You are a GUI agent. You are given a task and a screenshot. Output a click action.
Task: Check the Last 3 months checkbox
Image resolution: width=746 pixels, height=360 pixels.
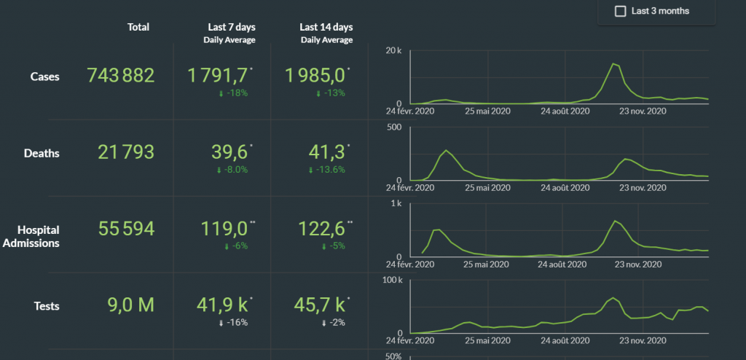[621, 11]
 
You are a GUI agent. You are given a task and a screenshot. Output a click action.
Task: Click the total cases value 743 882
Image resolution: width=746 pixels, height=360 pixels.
[120, 75]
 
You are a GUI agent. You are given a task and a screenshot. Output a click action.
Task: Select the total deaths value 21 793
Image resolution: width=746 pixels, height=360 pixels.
[126, 152]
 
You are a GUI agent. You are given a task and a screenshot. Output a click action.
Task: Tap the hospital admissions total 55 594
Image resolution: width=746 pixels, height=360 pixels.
[126, 229]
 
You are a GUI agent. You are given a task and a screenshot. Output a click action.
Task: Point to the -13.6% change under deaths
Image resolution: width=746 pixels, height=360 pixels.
[327, 170]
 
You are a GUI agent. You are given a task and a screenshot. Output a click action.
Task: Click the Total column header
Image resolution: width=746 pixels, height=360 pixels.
[138, 27]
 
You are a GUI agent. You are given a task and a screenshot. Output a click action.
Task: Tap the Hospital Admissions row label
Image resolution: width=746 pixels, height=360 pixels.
[31, 236]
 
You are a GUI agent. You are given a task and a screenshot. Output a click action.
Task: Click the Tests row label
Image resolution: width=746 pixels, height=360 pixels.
[45, 307]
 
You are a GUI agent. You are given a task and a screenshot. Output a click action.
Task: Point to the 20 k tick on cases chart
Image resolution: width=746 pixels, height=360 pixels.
[394, 50]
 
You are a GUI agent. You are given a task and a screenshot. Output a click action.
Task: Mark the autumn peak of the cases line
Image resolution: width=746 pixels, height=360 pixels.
[614, 64]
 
